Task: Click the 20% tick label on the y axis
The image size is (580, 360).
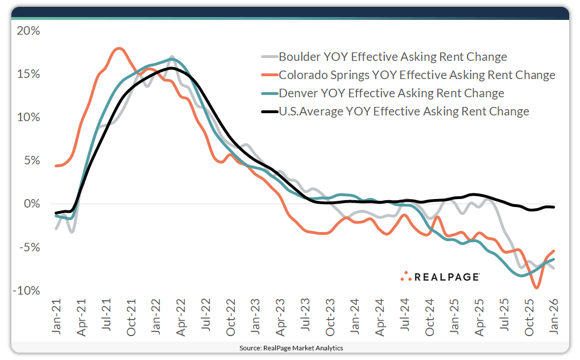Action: point(28,31)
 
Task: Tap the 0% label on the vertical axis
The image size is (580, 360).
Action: point(32,204)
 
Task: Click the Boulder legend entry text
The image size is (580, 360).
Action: point(392,57)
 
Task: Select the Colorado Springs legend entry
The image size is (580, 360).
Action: point(417,75)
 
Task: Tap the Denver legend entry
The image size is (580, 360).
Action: point(391,93)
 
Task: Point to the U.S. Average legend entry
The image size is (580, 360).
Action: point(404,111)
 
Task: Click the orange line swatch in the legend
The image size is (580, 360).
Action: point(268,75)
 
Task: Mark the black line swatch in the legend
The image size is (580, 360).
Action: point(268,111)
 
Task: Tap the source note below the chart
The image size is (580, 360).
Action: point(291,347)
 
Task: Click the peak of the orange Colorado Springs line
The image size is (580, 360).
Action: point(118,48)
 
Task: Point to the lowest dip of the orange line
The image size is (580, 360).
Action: point(536,288)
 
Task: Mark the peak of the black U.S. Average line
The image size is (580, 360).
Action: point(171,68)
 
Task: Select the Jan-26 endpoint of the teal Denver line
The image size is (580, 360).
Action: point(554,259)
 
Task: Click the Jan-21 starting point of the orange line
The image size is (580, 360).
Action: point(56,166)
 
